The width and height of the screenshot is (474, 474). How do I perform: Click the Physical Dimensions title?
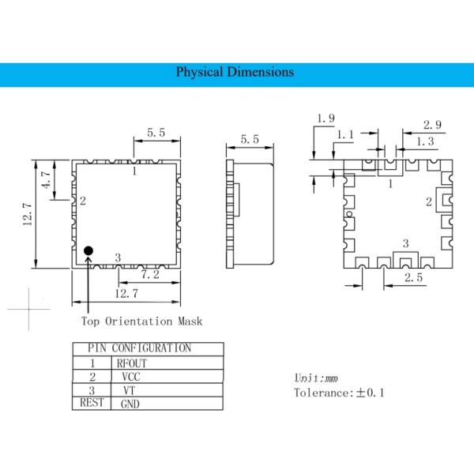tap(235, 72)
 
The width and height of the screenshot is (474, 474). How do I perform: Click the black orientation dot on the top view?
tap(88, 250)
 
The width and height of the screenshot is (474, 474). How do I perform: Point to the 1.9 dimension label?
tap(325, 119)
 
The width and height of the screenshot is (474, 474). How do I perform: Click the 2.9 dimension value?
tap(432, 125)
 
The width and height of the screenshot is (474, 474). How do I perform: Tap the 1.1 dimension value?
tap(345, 135)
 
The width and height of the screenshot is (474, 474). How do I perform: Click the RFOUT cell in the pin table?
tap(133, 363)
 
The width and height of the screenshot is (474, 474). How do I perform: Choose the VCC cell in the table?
tap(131, 377)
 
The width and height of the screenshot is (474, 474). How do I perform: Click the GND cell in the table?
tap(130, 404)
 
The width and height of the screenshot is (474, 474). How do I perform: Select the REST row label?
tap(92, 403)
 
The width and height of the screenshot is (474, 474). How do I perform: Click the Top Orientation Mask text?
tap(142, 321)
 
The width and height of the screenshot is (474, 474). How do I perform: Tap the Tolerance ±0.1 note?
tap(339, 392)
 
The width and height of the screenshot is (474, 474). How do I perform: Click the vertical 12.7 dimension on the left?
tap(26, 214)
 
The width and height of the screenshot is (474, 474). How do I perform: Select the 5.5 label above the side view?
tap(249, 139)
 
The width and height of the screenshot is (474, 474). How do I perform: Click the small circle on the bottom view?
tap(349, 214)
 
